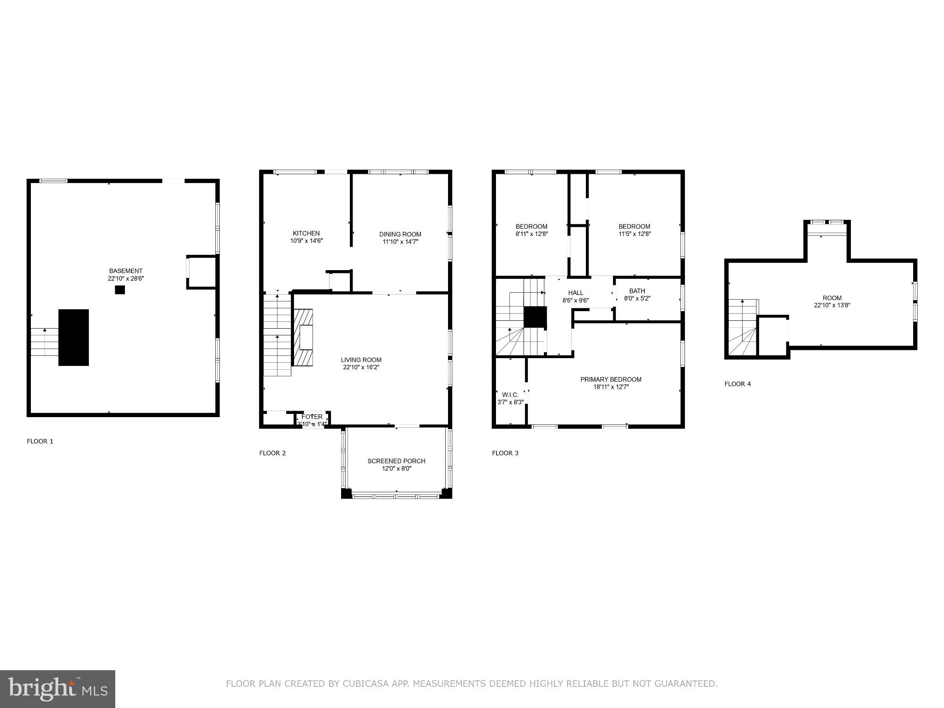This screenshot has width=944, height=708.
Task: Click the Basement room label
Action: [125, 271]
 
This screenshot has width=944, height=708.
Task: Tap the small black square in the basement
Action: [120, 290]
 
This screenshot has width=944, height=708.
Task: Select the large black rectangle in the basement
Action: [74, 337]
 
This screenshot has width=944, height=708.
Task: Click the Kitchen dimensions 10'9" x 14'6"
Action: [306, 241]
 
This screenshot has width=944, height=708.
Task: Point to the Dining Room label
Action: [400, 234]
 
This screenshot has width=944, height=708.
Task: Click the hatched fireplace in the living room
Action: [303, 337]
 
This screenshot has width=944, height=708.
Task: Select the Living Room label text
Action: [361, 360]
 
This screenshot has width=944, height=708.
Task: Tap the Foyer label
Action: [312, 417]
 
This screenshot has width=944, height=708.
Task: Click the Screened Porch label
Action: [396, 461]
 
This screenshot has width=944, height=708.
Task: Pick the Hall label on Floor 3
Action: [576, 293]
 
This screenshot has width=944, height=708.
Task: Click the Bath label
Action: [637, 291]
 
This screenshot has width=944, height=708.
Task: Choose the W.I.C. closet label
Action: [510, 395]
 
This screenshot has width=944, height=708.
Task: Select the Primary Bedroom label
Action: [611, 379]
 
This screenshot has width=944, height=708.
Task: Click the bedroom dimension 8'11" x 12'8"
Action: [531, 234]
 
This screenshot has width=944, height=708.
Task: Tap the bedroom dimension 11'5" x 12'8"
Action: [634, 234]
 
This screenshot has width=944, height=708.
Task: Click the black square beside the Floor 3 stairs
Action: [535, 317]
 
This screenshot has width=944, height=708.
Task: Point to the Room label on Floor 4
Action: [832, 298]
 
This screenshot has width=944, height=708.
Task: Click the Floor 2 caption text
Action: [272, 453]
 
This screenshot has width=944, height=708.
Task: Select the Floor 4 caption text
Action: [737, 384]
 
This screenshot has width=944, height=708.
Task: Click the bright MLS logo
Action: [58, 689]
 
